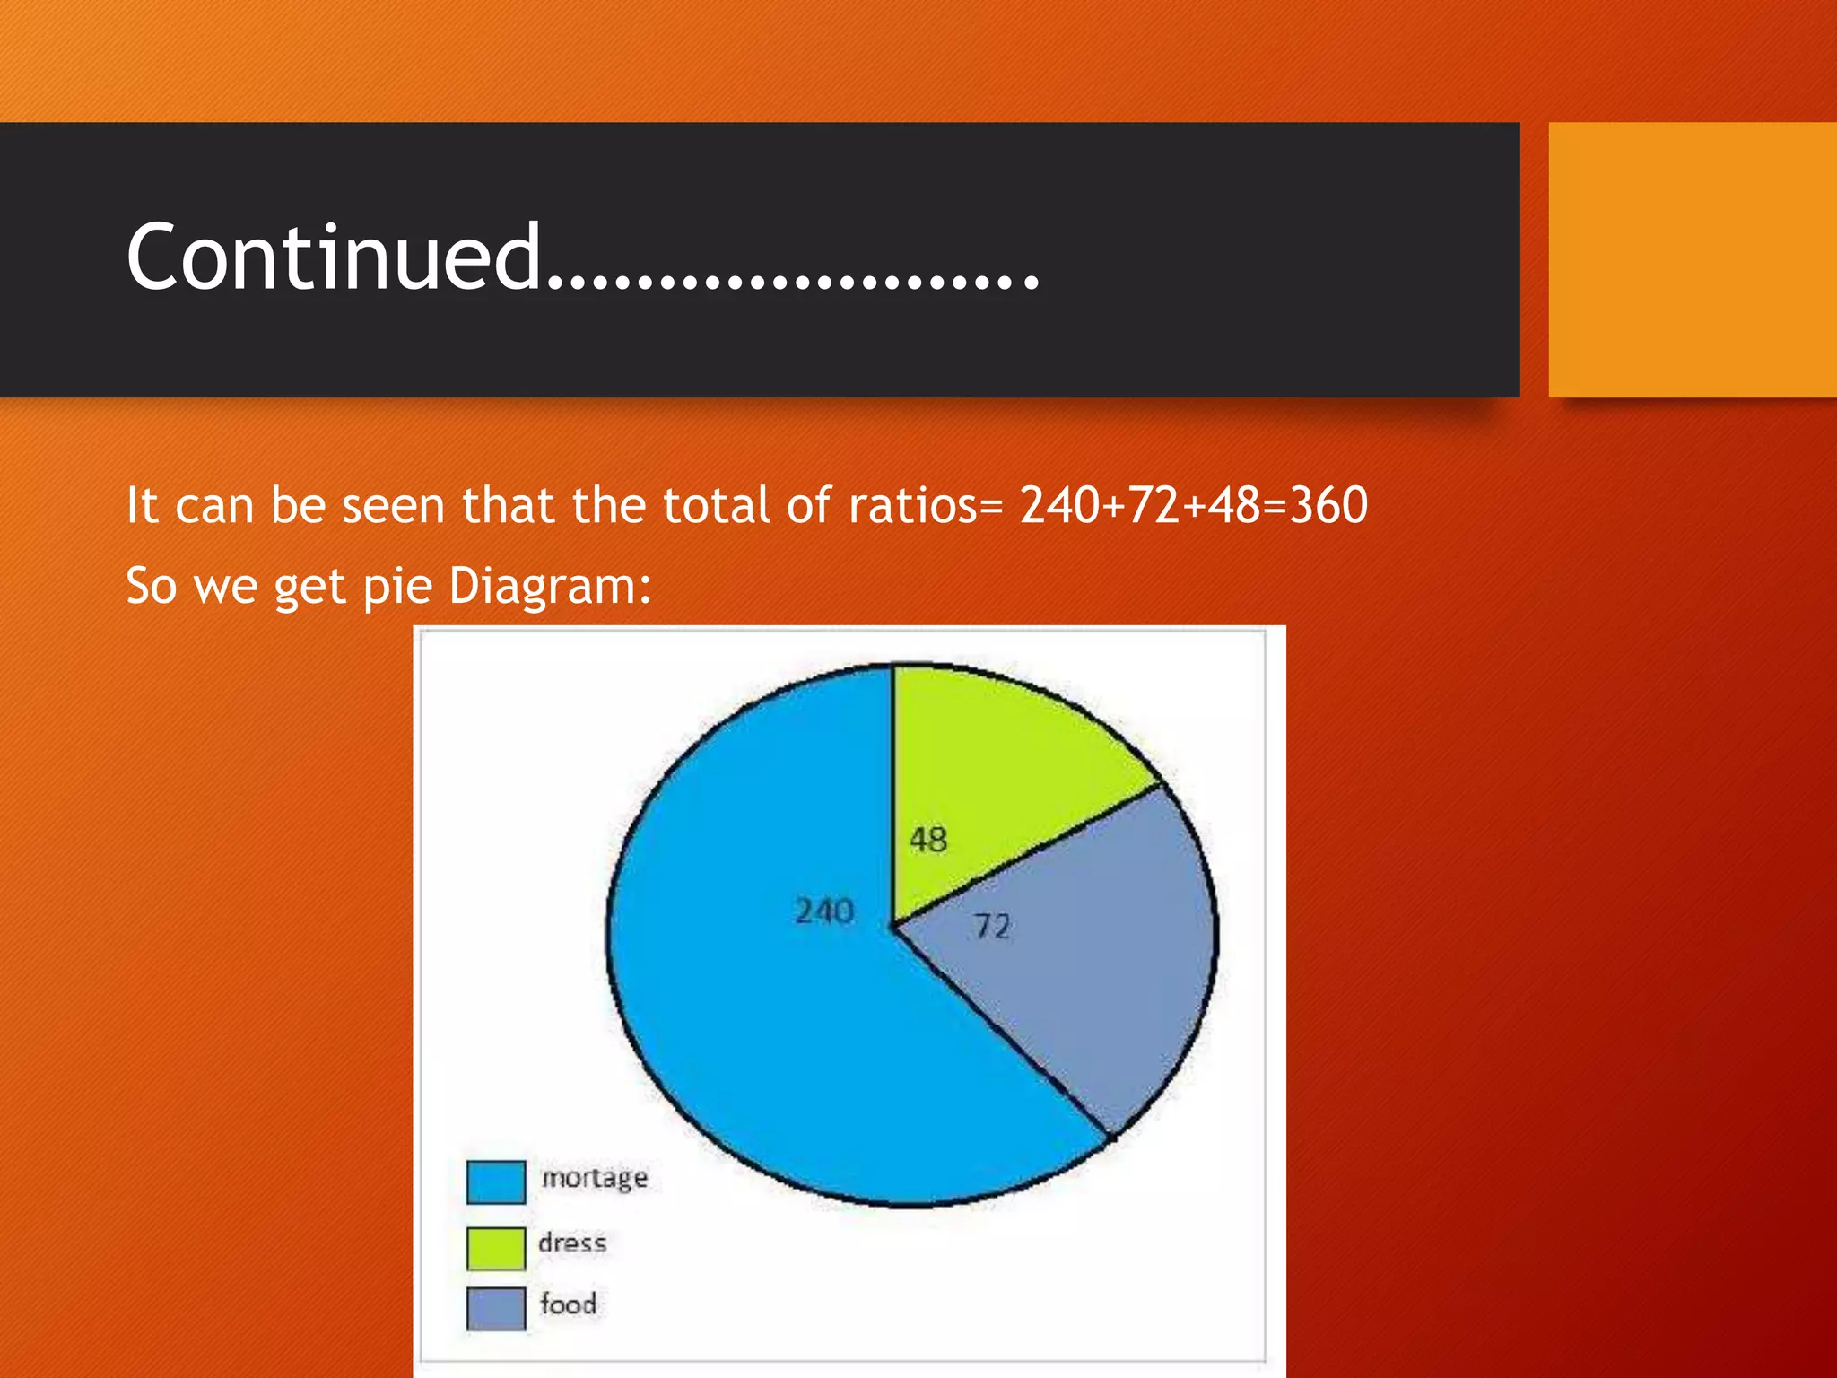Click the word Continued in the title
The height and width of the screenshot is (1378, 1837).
tap(334, 257)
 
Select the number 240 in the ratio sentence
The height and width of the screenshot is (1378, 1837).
tap(1060, 505)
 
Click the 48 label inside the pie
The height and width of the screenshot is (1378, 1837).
tap(928, 840)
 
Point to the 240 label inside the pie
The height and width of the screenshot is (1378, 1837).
tap(824, 911)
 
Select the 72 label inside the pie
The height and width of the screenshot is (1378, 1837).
tap(993, 926)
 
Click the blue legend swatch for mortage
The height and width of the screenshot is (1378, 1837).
tap(496, 1182)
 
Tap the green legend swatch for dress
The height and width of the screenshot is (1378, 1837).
tap(496, 1248)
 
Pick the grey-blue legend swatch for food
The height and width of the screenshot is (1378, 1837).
tap(496, 1308)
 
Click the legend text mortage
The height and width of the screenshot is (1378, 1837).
tap(594, 1177)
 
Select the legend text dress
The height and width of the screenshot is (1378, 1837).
tap(572, 1243)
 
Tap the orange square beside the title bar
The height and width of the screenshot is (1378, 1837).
tap(1693, 259)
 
